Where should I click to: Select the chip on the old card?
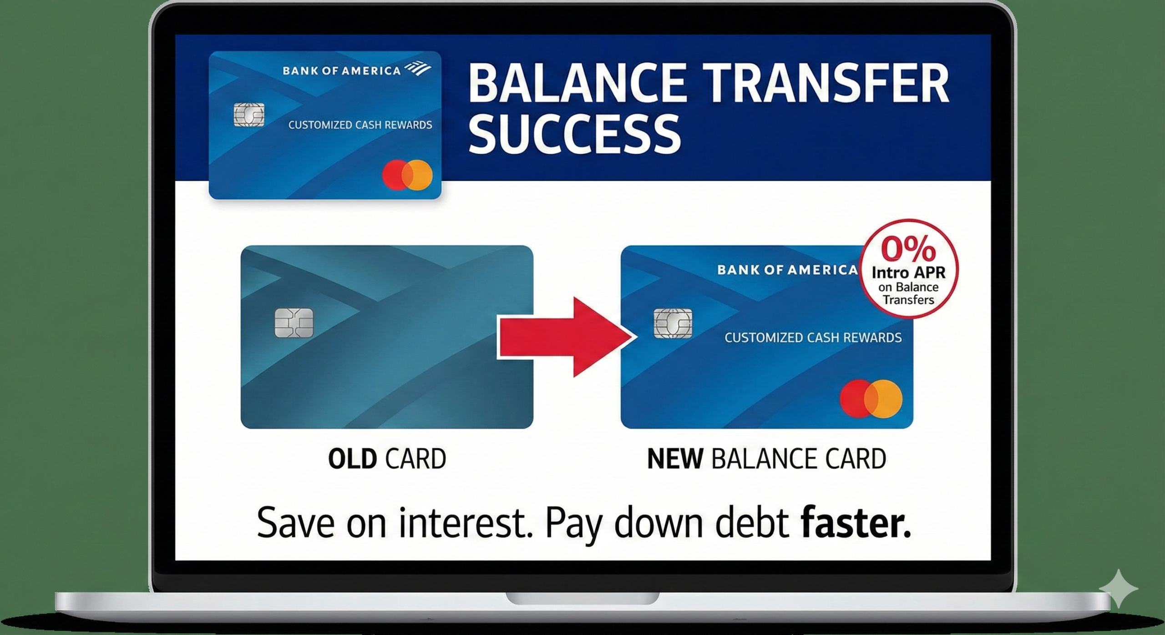click(294, 323)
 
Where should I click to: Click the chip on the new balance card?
click(673, 323)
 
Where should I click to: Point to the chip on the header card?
click(248, 115)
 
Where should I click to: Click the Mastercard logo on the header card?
click(407, 175)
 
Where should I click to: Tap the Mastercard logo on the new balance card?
click(871, 399)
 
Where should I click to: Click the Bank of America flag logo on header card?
click(418, 69)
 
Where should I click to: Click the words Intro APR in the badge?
click(908, 273)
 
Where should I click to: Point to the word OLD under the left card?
click(352, 459)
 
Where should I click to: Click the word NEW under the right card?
click(675, 459)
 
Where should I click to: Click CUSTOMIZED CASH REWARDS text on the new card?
click(813, 338)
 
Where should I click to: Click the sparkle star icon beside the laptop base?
click(1118, 589)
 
